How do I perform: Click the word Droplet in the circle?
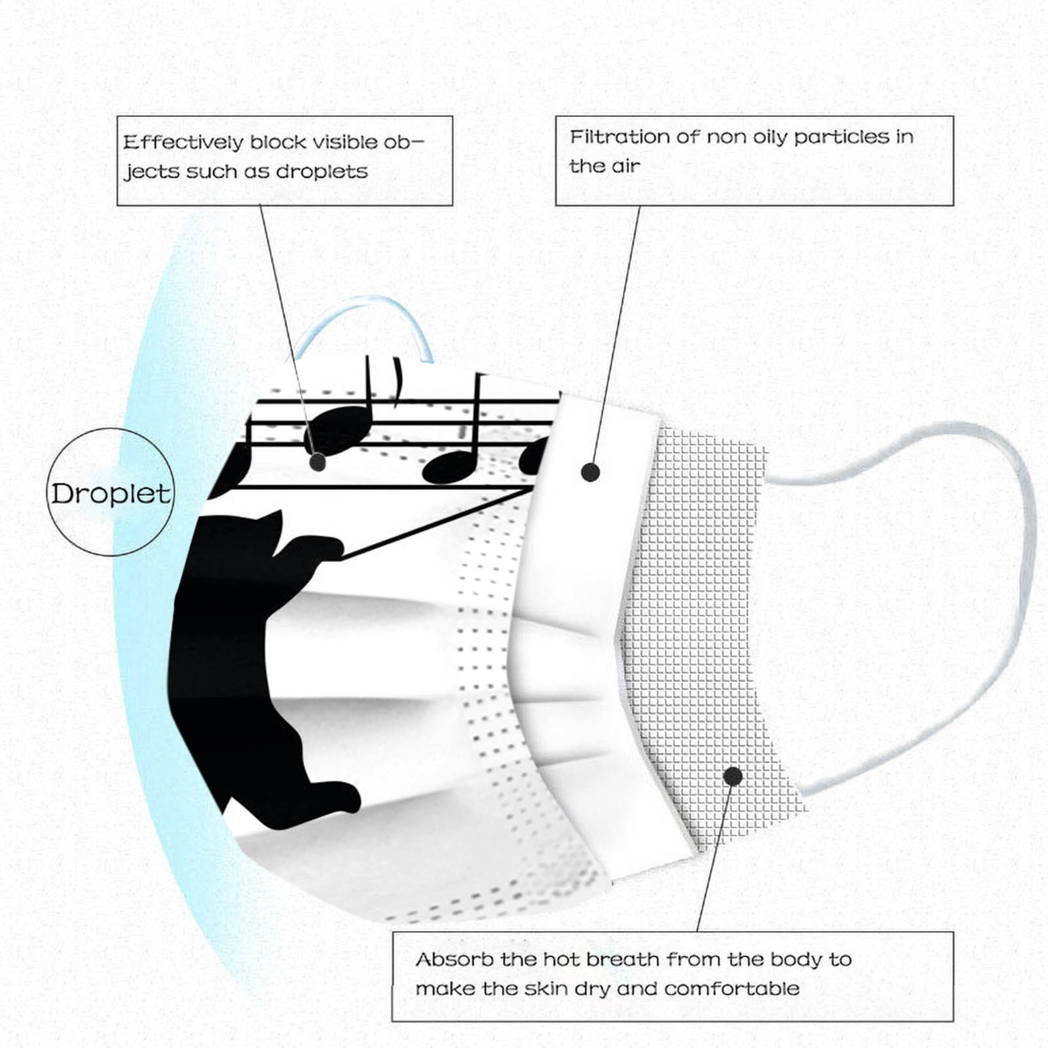(x=111, y=494)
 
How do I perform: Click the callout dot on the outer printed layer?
(x=318, y=462)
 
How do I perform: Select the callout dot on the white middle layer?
(x=590, y=472)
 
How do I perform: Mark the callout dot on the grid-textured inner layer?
(x=733, y=776)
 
